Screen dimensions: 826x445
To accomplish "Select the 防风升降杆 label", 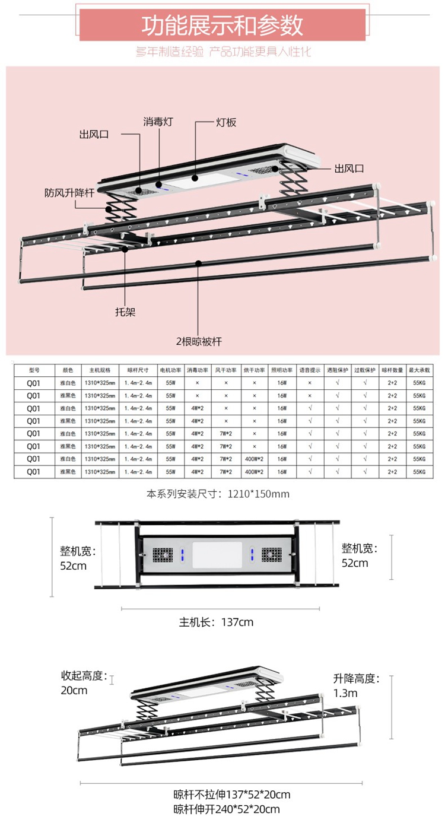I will click(69, 193).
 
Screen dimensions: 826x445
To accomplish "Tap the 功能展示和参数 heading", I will click(222, 26).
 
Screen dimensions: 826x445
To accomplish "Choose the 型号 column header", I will click(33, 370).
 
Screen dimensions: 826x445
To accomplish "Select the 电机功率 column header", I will click(170, 370).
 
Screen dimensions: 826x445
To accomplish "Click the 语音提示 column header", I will click(309, 370).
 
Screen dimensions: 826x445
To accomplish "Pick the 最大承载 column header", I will click(419, 370).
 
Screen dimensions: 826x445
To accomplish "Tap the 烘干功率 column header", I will click(254, 370).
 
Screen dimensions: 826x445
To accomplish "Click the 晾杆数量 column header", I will click(392, 370).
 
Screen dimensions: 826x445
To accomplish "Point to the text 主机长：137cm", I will click(217, 622).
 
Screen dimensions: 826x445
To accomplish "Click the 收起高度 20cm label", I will click(83, 682).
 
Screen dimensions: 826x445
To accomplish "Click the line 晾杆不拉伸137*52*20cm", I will click(232, 795).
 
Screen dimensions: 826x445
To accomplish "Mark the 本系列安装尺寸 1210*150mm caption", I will click(218, 493).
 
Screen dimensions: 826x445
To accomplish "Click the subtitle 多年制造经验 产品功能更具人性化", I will click(223, 52).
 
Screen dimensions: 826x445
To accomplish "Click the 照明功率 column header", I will click(281, 370).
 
